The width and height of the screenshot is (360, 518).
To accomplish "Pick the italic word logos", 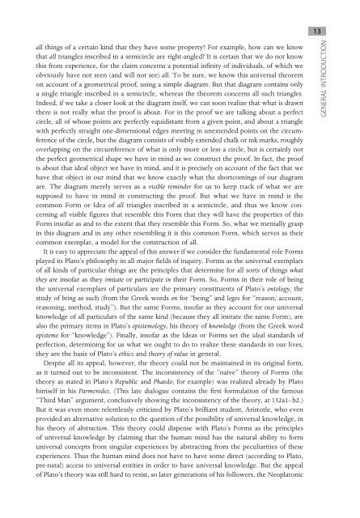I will click(216, 332).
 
